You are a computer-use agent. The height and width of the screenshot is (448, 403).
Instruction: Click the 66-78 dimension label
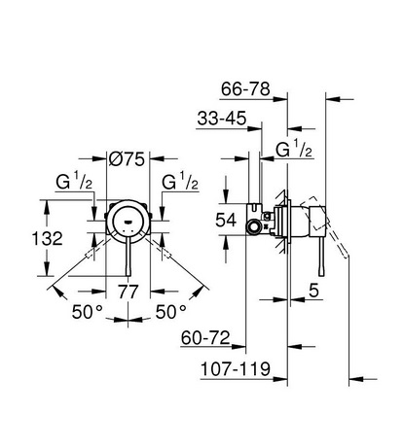click(x=245, y=88)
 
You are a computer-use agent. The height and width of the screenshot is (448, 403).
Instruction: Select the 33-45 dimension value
click(x=222, y=118)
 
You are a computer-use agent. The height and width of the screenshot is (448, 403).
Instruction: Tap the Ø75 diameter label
click(x=127, y=159)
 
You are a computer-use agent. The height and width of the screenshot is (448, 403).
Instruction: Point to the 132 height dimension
click(x=48, y=239)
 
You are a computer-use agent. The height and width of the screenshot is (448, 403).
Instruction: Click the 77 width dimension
click(x=128, y=292)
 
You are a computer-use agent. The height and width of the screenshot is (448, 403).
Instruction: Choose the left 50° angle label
click(x=88, y=312)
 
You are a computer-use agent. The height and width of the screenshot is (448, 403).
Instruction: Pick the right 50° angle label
click(x=171, y=312)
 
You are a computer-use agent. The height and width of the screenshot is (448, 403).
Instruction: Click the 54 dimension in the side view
click(x=226, y=221)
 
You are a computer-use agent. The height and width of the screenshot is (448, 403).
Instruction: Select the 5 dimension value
click(x=313, y=291)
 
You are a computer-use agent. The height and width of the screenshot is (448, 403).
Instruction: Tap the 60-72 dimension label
click(x=205, y=338)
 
